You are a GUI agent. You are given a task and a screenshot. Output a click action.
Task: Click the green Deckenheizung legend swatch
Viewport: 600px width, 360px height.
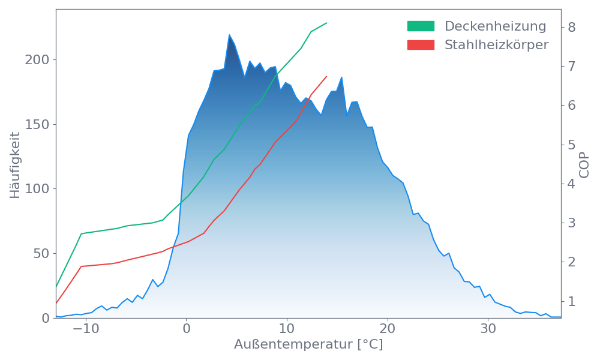[421, 26]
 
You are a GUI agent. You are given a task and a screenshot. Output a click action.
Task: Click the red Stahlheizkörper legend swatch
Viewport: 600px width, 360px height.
[421, 45]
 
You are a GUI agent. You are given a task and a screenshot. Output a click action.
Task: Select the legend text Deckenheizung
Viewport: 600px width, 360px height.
[495, 26]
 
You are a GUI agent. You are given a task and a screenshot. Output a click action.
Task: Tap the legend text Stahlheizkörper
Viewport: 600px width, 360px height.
[496, 45]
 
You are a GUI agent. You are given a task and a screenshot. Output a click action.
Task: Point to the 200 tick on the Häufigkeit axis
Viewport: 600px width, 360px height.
[37, 60]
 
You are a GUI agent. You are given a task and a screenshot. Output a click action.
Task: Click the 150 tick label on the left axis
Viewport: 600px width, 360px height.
[37, 124]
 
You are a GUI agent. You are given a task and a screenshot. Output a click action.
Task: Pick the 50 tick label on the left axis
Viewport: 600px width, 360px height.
[40, 253]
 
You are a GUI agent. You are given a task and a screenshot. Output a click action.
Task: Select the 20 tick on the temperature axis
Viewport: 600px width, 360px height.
[388, 329]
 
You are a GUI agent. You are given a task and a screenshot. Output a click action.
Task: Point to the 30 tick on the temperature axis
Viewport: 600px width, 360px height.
[488, 329]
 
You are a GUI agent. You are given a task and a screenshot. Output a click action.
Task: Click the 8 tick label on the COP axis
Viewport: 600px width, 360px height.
[572, 27]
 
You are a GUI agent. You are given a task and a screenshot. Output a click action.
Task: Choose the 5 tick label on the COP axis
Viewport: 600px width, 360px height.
[572, 145]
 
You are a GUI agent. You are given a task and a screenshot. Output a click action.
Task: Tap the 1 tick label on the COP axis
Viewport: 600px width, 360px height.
[572, 301]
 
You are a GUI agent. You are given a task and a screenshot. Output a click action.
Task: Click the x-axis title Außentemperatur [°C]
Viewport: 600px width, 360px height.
[308, 345]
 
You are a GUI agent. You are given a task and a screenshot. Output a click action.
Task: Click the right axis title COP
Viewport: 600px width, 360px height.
[584, 164]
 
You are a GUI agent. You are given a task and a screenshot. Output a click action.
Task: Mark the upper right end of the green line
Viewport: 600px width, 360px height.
[327, 23]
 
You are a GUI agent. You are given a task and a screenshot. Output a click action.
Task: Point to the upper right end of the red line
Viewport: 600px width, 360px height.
[327, 76]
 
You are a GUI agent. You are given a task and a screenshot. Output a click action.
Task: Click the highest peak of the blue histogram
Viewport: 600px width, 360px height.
[230, 35]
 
